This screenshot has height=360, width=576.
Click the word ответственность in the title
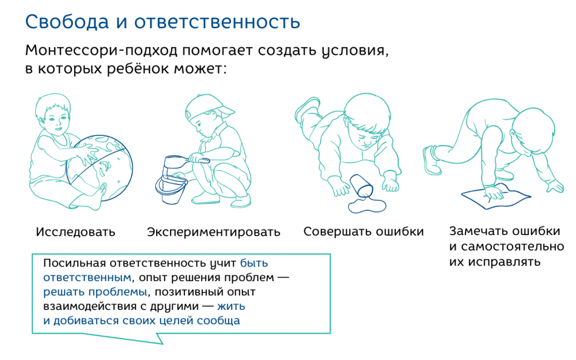(217, 22)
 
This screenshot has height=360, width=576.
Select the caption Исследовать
(75, 232)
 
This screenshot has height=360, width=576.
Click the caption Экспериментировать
(214, 232)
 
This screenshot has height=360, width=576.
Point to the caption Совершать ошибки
(363, 232)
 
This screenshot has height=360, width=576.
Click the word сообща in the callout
(218, 320)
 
